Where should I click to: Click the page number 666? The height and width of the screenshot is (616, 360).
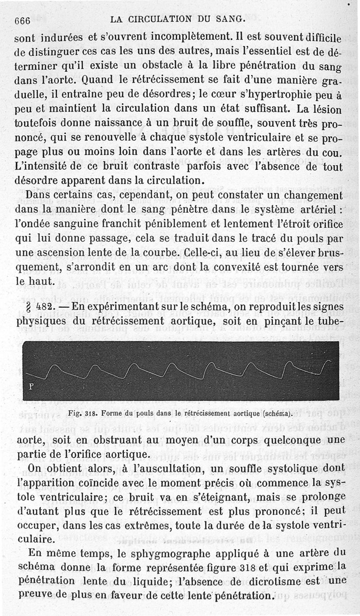(x=22, y=20)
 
